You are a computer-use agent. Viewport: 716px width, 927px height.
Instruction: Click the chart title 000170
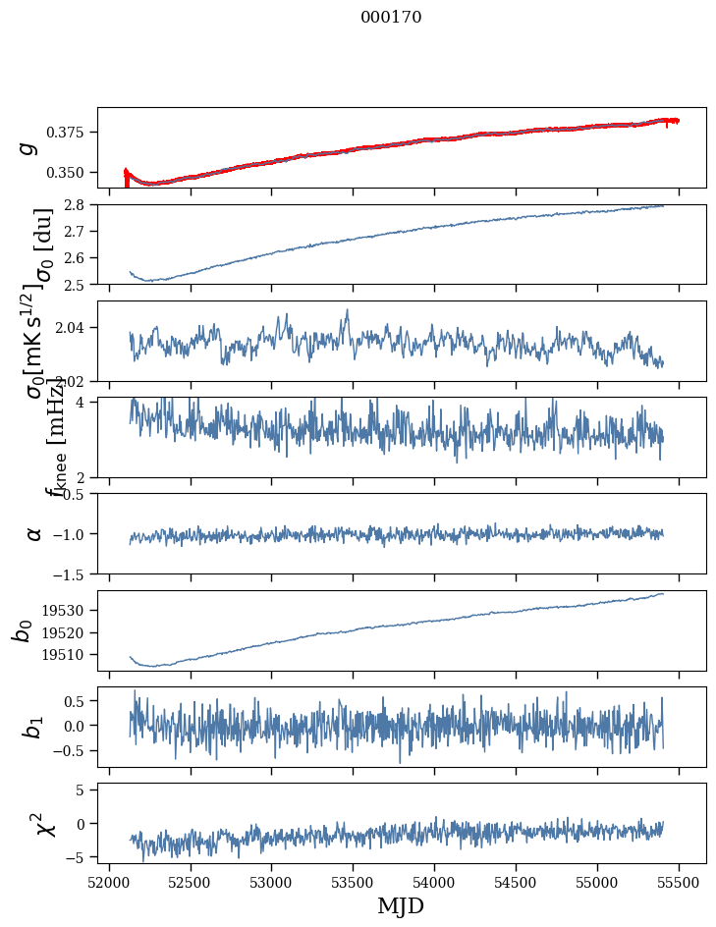[391, 18]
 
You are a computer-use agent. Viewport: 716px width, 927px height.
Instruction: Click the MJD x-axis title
[401, 905]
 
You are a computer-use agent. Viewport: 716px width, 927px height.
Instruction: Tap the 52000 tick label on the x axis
[109, 882]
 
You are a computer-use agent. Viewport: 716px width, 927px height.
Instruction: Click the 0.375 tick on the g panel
[72, 133]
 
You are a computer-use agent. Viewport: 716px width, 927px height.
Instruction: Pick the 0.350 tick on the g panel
[72, 173]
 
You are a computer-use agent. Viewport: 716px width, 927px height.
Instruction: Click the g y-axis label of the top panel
[30, 147]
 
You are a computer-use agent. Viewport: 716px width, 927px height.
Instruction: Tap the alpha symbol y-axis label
[34, 533]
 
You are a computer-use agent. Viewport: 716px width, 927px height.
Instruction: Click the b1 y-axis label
[34, 727]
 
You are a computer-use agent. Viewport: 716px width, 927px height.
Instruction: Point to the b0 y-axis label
[23, 630]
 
